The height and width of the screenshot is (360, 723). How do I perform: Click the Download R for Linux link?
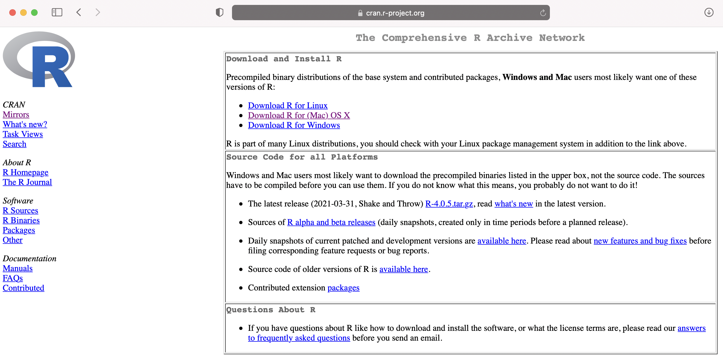point(287,106)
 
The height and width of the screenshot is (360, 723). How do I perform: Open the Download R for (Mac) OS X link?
point(299,115)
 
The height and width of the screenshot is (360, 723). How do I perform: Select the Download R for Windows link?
point(294,125)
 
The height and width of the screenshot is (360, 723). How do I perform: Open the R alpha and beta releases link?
point(331,222)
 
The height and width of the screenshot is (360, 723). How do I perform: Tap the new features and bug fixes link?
point(640,241)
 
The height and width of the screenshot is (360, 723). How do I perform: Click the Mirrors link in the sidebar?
point(16,115)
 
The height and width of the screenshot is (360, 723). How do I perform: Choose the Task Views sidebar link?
point(23,134)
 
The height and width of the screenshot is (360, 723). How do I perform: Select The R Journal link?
point(27,182)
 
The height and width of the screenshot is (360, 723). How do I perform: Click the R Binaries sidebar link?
point(21,220)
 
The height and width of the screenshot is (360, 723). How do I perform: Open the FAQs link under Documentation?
point(13,278)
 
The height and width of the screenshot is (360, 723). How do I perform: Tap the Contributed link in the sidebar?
point(23,288)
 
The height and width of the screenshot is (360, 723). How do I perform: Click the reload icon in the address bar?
point(543,13)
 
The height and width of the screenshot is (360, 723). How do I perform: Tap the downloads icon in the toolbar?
point(709,12)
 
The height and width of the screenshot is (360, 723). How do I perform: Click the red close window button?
point(12,13)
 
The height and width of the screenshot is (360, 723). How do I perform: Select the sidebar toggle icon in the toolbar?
point(57,12)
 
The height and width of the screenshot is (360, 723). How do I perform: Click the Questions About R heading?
point(270,310)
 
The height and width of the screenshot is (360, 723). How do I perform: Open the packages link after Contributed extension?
point(343,288)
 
